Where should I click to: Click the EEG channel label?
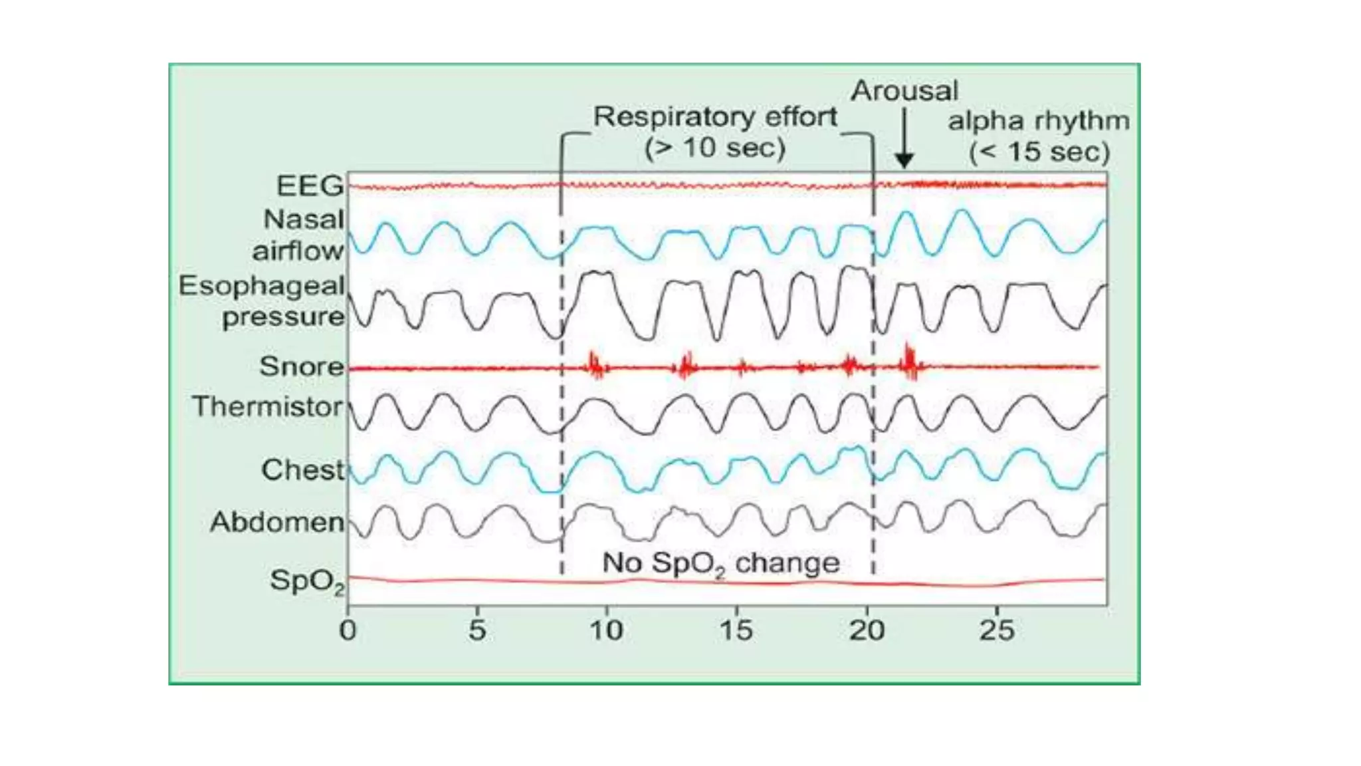pyautogui.click(x=310, y=186)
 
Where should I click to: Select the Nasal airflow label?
pyautogui.click(x=299, y=235)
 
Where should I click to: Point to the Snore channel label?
pyautogui.click(x=302, y=366)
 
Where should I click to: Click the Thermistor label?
pyautogui.click(x=268, y=406)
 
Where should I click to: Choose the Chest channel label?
pyautogui.click(x=303, y=470)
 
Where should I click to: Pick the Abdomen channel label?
pyautogui.click(x=277, y=522)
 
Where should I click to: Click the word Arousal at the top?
pyautogui.click(x=904, y=91)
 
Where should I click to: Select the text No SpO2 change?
pyautogui.click(x=720, y=563)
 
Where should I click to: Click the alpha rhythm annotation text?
pyautogui.click(x=1038, y=121)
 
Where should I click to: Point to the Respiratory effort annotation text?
pyautogui.click(x=715, y=117)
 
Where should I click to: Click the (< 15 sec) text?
pyautogui.click(x=1039, y=152)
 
